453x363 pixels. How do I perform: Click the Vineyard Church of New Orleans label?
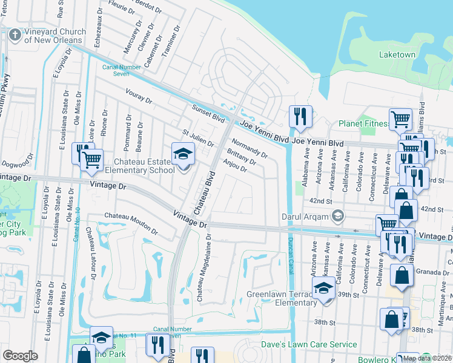click(x=53, y=35)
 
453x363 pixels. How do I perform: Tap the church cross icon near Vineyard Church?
click(x=15, y=35)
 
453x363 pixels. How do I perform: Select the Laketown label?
click(x=397, y=54)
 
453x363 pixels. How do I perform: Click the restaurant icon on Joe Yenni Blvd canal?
click(x=300, y=116)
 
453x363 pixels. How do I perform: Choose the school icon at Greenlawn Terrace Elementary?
click(x=323, y=288)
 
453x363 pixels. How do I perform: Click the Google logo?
click(x=20, y=355)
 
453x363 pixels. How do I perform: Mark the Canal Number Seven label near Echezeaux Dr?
click(x=116, y=70)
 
